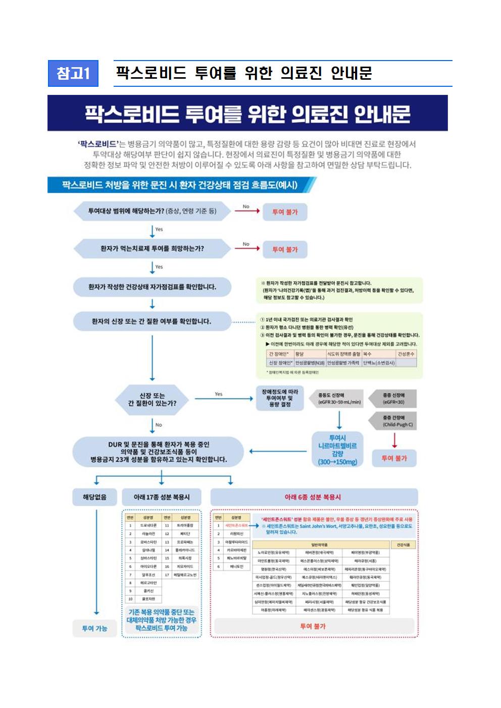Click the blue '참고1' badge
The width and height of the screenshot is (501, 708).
[73, 73]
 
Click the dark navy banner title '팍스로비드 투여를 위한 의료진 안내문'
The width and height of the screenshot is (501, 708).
[247, 114]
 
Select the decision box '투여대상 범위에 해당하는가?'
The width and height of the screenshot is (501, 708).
[152, 211]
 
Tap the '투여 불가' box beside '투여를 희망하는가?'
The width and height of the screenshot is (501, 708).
[285, 249]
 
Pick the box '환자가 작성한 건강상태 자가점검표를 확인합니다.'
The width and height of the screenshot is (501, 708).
[152, 287]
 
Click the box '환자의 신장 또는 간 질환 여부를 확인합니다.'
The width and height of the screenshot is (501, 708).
[152, 321]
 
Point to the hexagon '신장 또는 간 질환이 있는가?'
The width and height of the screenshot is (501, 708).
[152, 399]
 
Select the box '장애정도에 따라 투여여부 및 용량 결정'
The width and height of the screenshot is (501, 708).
[280, 398]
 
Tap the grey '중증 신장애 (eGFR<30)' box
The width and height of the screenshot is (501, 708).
[393, 399]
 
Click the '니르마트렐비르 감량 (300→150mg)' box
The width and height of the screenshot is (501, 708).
[337, 450]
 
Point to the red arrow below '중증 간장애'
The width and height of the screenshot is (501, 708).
[394, 440]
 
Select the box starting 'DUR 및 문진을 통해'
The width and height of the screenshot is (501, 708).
[159, 452]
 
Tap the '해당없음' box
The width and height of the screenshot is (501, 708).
[95, 497]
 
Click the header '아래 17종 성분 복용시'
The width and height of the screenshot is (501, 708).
[162, 497]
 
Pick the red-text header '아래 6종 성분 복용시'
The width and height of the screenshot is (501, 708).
[313, 497]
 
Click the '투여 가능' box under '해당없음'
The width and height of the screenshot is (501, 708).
[95, 628]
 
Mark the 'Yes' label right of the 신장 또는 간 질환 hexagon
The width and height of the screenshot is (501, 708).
[219, 394]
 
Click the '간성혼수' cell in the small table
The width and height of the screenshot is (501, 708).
[406, 354]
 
